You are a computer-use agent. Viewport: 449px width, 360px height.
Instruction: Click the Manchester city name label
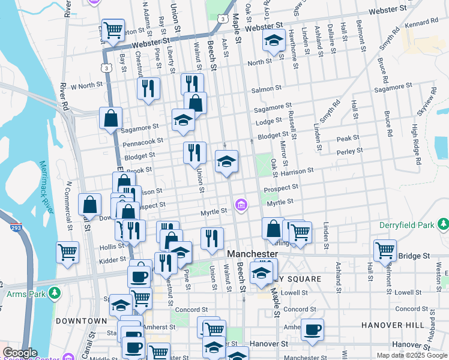253,254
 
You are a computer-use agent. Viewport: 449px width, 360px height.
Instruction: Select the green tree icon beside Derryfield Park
443,224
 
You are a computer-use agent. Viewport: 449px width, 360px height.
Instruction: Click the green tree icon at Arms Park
55,293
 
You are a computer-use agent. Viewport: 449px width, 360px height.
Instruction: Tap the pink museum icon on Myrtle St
241,206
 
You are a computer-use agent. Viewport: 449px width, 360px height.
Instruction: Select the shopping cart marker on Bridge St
385,249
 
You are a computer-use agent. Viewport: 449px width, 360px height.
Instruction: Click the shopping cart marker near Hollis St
67,251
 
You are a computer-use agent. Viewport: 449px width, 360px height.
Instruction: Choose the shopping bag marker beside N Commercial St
89,205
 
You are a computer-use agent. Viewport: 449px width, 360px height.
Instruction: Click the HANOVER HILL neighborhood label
388,325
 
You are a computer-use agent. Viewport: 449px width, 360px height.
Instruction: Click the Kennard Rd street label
426,22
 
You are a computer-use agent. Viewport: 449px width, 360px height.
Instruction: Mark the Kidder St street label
113,260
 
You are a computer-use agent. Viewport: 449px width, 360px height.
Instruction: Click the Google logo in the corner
20,353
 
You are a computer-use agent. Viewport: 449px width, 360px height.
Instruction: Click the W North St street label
87,86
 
